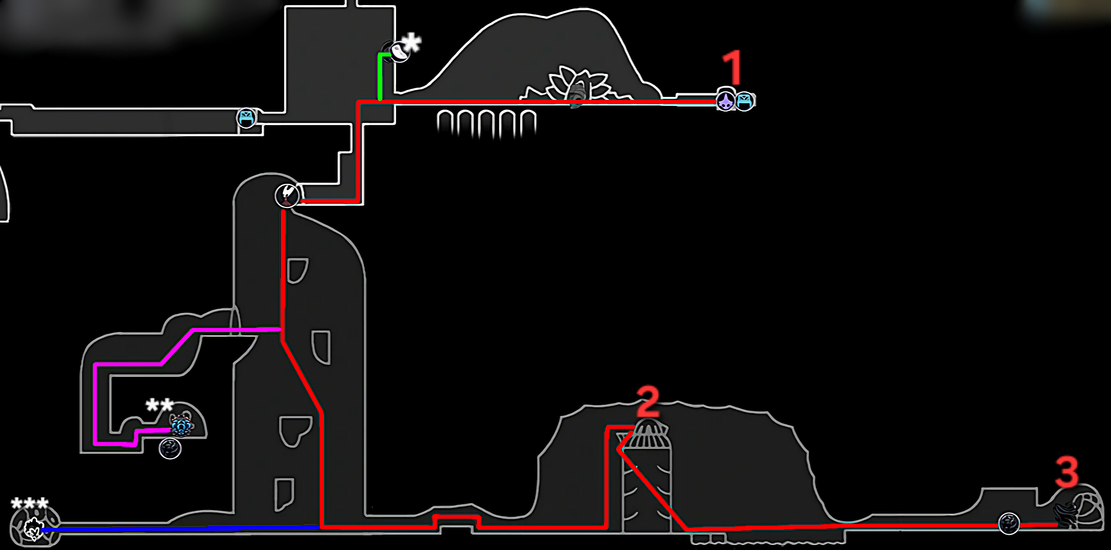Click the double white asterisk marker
[x=159, y=405]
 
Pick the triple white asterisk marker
[x=30, y=503]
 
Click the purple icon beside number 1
[x=726, y=100]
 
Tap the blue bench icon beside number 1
[x=745, y=101]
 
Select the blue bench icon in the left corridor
[x=246, y=118]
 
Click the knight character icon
[x=287, y=195]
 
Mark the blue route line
[x=179, y=528]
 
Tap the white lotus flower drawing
[x=578, y=85]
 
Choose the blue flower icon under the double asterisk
[x=181, y=425]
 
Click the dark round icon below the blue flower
[x=170, y=448]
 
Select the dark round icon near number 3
[x=1009, y=523]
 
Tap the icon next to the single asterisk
[x=398, y=51]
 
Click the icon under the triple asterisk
[x=34, y=529]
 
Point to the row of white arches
[x=486, y=123]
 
